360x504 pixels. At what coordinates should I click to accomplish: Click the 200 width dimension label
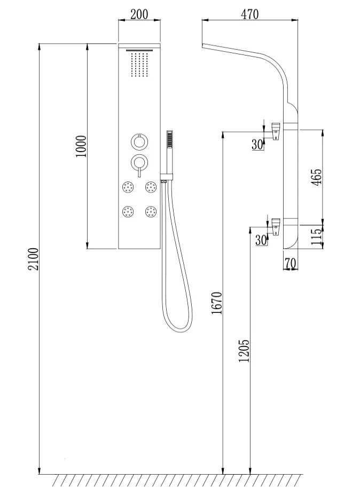(x=139, y=14)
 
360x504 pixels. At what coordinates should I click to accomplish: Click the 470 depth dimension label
(x=249, y=14)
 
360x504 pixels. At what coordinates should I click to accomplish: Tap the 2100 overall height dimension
(x=34, y=259)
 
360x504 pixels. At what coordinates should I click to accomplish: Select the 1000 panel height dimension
(x=81, y=146)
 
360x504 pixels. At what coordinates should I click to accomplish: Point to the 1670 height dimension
(x=217, y=303)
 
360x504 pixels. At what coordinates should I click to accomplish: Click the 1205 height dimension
(x=244, y=351)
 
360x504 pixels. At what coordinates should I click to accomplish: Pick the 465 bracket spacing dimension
(x=317, y=177)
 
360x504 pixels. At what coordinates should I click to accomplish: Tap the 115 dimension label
(x=317, y=237)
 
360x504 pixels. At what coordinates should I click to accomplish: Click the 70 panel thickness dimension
(x=290, y=264)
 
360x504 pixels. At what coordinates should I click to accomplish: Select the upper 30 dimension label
(x=257, y=145)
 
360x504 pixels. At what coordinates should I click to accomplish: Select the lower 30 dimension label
(x=261, y=240)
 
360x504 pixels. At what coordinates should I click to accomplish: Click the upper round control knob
(x=139, y=141)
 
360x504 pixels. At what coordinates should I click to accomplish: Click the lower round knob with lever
(x=139, y=162)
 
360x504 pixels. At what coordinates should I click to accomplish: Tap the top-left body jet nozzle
(x=129, y=187)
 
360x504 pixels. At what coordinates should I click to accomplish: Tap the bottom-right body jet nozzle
(x=151, y=212)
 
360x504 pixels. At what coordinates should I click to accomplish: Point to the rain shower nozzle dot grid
(x=139, y=65)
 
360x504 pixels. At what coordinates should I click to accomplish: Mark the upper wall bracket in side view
(x=276, y=131)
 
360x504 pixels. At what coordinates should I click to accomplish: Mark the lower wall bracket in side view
(x=276, y=227)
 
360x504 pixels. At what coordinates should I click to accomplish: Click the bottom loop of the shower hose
(x=178, y=332)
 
